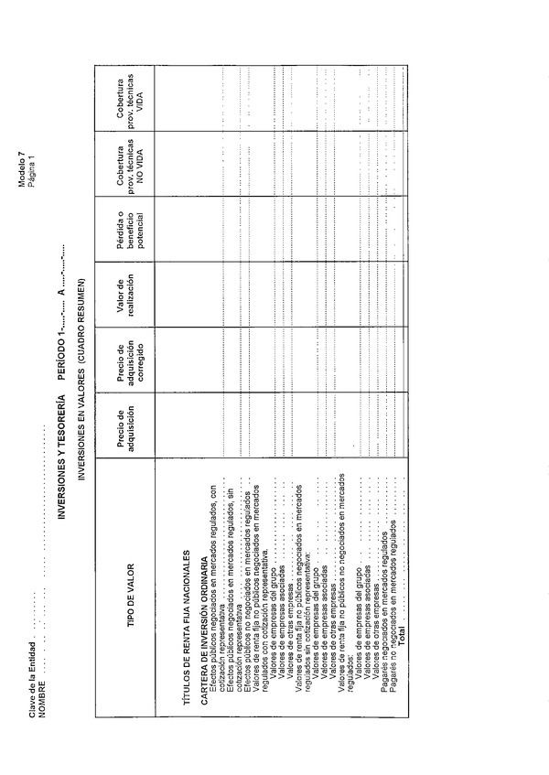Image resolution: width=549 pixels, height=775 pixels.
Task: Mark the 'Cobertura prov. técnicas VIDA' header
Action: [x=127, y=97]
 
